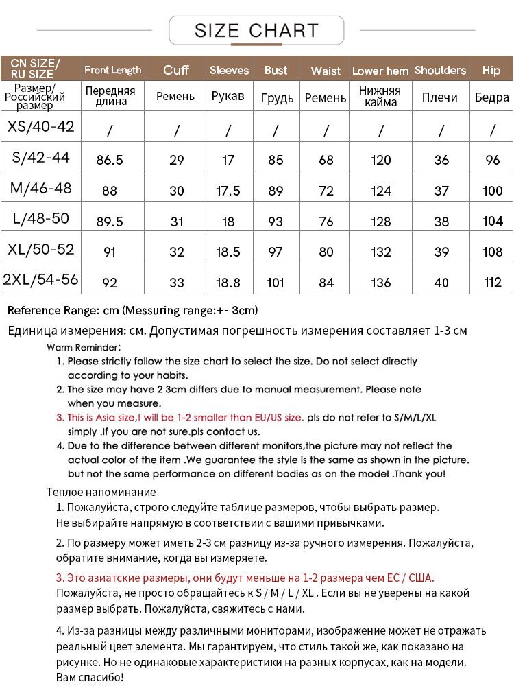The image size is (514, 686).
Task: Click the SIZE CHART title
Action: point(256,31)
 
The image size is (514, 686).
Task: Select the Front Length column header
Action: point(113,70)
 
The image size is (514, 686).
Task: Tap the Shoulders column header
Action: point(440,70)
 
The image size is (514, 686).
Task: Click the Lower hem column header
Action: point(380,71)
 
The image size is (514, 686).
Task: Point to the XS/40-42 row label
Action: point(40,127)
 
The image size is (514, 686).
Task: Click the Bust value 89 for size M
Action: point(276,191)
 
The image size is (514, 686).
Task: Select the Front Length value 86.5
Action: point(110,160)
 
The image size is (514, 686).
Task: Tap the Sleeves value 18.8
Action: point(228,282)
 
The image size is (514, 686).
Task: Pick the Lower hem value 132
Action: point(380,252)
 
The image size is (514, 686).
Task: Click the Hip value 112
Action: point(492,282)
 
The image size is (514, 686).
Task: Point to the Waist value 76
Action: point(326,222)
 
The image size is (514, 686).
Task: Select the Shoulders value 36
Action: point(441,160)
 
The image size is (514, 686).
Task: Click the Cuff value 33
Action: point(177,282)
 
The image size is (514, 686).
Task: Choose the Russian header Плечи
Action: point(440,97)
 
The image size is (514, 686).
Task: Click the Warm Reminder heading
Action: point(84,347)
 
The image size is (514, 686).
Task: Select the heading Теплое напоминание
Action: point(101,492)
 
